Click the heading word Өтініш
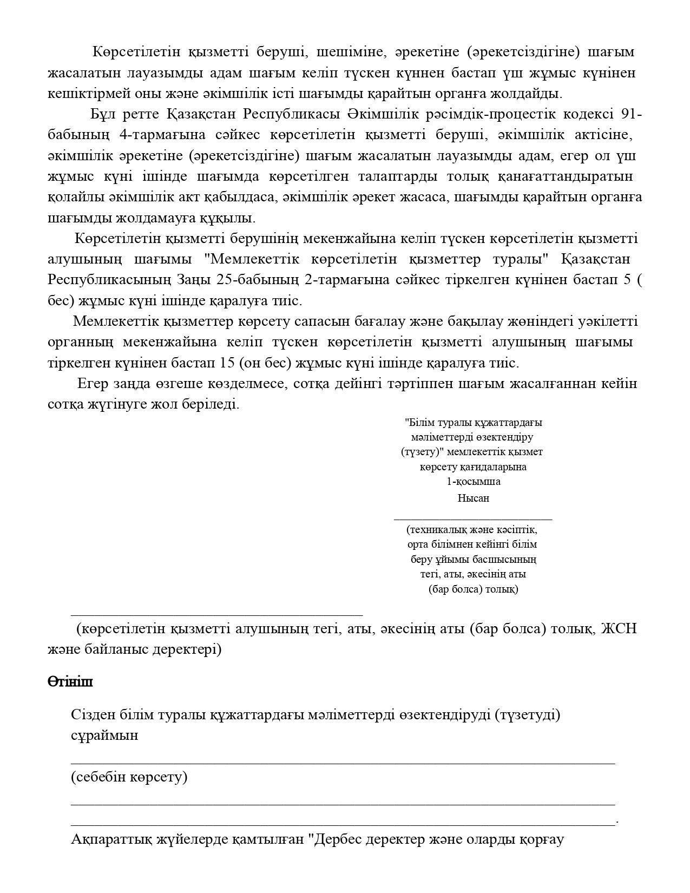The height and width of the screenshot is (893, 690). pyautogui.click(x=70, y=681)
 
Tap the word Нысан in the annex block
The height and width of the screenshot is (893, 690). pyautogui.click(x=473, y=498)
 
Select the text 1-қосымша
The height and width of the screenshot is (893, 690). pyautogui.click(x=473, y=481)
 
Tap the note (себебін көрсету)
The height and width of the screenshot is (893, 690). pyautogui.click(x=129, y=777)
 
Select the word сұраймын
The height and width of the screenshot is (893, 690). pyautogui.click(x=104, y=736)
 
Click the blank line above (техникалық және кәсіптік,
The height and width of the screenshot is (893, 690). pyautogui.click(x=473, y=518)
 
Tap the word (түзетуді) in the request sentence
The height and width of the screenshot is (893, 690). pyautogui.click(x=527, y=715)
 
